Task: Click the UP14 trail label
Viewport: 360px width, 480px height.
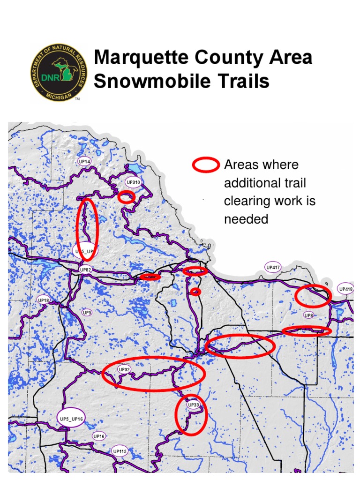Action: click(x=85, y=161)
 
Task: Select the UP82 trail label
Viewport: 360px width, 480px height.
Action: click(x=85, y=270)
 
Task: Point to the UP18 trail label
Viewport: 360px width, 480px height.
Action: click(x=43, y=300)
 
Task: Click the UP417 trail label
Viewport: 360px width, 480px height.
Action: click(x=273, y=268)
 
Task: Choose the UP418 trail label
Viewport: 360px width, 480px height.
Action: click(x=345, y=289)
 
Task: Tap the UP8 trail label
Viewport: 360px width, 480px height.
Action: click(x=308, y=315)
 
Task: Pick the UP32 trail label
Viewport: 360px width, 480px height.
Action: click(x=124, y=370)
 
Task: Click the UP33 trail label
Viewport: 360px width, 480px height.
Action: click(x=193, y=404)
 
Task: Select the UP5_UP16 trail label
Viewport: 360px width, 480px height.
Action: click(x=72, y=419)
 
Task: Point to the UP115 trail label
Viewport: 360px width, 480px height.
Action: click(x=120, y=452)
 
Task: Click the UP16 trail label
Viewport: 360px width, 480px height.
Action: click(x=99, y=436)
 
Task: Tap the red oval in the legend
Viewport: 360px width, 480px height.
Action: click(x=206, y=165)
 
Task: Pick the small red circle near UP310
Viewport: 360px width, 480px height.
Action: click(x=126, y=197)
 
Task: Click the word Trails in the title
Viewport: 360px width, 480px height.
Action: click(x=247, y=82)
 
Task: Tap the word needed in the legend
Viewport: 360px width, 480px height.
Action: click(x=246, y=219)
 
